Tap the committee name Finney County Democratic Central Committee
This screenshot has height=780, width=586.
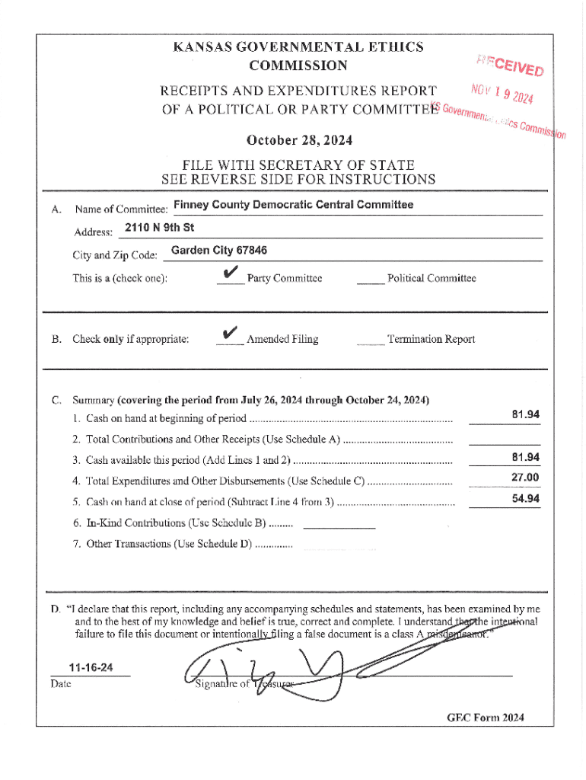293,205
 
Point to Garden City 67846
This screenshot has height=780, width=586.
219,251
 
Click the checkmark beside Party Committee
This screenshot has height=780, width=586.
230,274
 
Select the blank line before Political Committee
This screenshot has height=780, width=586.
370,283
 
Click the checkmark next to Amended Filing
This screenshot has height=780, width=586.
230,334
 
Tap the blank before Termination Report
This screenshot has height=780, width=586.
370,344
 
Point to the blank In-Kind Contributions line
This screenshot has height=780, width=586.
344,526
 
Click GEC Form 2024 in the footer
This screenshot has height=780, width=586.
486,718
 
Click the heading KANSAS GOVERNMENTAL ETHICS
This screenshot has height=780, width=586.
298,47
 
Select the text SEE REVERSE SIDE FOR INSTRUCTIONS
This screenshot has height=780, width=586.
298,180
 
